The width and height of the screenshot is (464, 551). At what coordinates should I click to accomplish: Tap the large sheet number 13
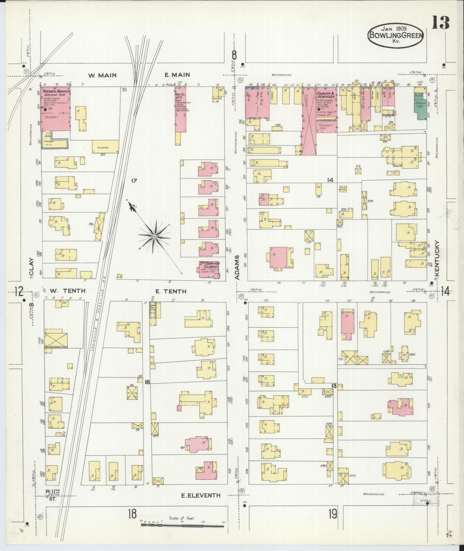tap(440, 23)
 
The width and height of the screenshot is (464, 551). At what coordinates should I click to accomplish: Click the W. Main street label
tap(102, 75)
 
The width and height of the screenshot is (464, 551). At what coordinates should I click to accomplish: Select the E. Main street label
tap(177, 75)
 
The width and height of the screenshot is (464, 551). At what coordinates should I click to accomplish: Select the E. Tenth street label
tap(171, 291)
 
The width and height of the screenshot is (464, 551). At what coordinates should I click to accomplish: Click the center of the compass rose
tap(154, 237)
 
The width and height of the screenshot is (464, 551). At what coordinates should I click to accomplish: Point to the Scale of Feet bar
tap(182, 526)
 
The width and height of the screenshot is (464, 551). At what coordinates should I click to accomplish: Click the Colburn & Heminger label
tap(326, 95)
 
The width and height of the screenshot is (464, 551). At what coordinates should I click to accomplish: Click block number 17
tap(134, 181)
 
